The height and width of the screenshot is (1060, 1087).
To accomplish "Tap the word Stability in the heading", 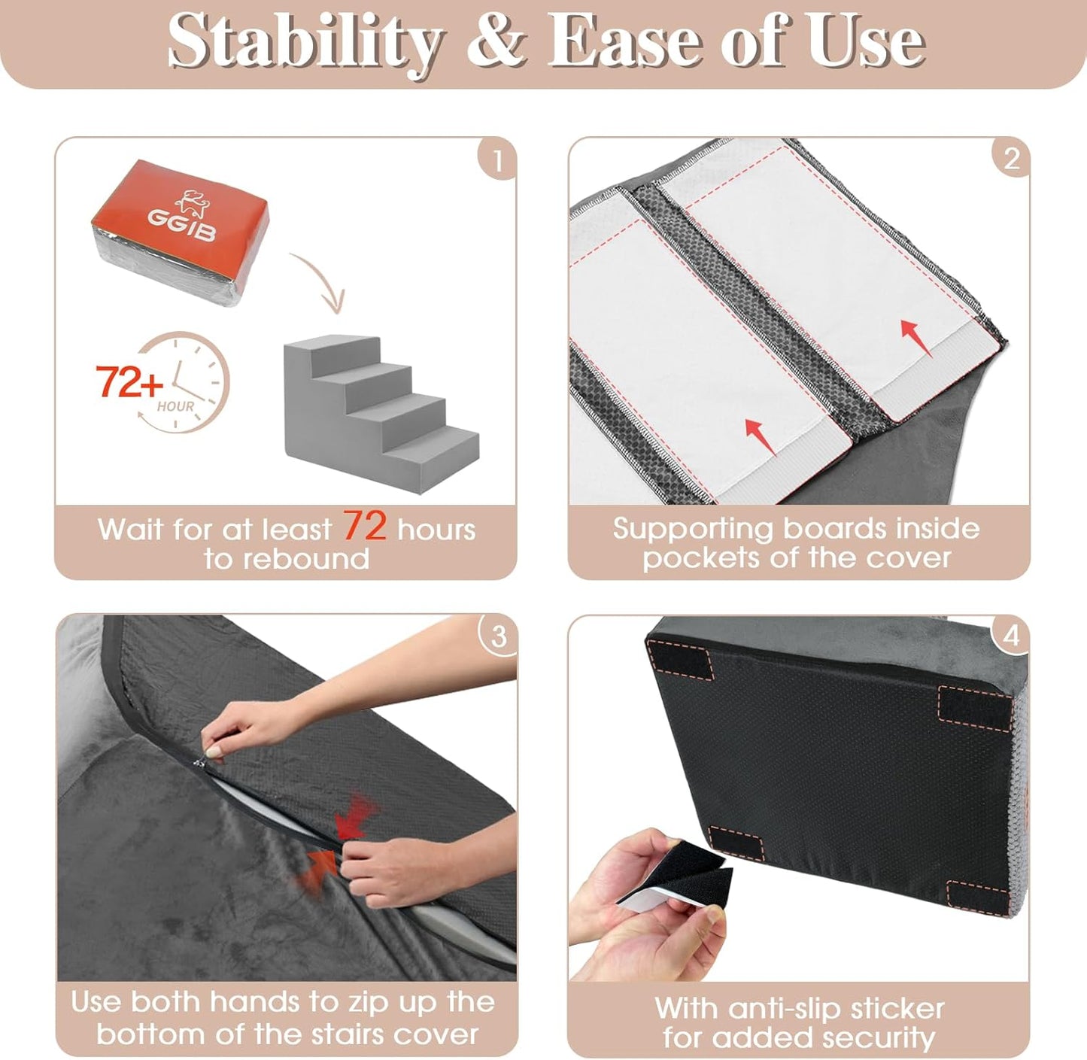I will tap(304, 42).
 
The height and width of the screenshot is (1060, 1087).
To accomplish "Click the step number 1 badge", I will tap(497, 161).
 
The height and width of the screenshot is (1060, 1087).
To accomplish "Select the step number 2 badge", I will tap(1011, 159).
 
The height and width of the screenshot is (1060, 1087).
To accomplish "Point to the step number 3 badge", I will tap(498, 636).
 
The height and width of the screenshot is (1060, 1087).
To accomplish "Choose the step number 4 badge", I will tap(1011, 636).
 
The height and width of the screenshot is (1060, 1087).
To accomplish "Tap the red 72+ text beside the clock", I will tap(129, 381).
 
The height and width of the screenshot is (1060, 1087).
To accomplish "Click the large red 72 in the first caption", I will tap(365, 526).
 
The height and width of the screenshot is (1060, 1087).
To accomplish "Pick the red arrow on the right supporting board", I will tap(915, 336).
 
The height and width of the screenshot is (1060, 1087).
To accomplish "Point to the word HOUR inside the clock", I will tap(175, 406).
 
